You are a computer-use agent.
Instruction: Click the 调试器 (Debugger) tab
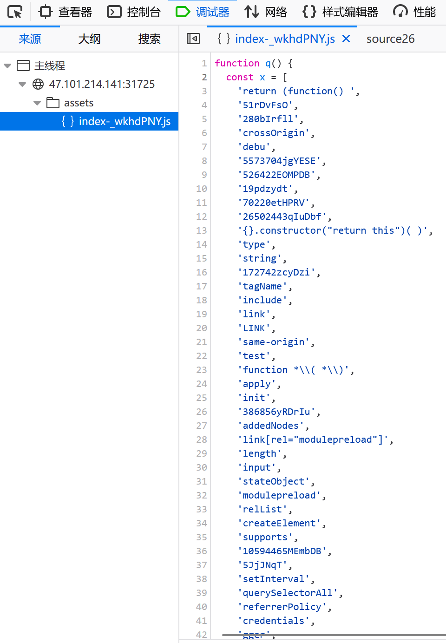click(203, 12)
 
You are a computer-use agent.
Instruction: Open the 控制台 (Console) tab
click(134, 12)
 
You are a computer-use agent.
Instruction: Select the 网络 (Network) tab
click(266, 12)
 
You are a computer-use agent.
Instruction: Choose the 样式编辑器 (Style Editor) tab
click(341, 12)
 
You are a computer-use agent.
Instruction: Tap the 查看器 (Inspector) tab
click(66, 12)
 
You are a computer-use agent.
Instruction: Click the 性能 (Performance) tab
click(415, 12)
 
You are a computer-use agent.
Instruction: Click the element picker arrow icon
click(15, 12)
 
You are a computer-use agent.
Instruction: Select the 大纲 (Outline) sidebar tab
click(89, 39)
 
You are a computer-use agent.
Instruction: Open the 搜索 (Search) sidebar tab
click(149, 39)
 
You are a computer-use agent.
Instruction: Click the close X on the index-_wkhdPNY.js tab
click(346, 39)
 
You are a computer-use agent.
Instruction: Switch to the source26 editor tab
click(390, 39)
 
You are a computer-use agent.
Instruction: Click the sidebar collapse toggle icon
click(193, 39)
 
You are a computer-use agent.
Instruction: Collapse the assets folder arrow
click(37, 103)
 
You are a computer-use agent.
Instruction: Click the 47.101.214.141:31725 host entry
click(102, 84)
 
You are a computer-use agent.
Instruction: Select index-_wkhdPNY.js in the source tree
click(125, 121)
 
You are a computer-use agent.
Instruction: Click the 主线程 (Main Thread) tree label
click(50, 66)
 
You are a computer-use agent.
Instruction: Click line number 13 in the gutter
click(202, 230)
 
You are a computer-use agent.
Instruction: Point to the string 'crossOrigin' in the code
click(274, 133)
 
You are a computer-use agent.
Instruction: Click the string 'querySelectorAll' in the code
click(288, 593)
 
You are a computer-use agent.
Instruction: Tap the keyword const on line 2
click(240, 78)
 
